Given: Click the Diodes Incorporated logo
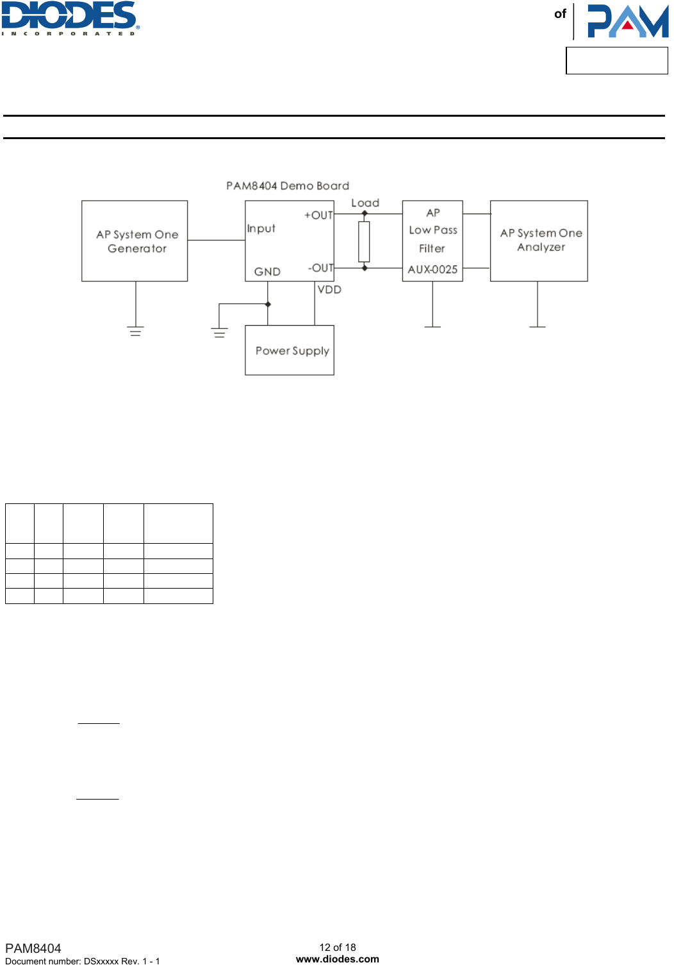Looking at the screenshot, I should coord(70,18).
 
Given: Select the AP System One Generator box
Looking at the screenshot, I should coord(135,241).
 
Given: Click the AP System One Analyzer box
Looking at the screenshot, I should coord(539,240).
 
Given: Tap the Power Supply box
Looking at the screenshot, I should coord(290,350).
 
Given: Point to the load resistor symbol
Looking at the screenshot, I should coord(364,241).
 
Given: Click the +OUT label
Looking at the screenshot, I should coord(318,215).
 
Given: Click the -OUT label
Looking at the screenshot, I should coord(320,268).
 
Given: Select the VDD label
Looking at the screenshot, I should coord(329,290).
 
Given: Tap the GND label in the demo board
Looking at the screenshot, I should coord(267,272).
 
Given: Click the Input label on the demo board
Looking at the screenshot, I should coord(261,229).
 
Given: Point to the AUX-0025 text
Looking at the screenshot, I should coord(432,270).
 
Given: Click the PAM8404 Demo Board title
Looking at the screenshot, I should coord(288,186).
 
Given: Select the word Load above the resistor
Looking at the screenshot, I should coord(365,203).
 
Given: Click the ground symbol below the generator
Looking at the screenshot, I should coord(135,331).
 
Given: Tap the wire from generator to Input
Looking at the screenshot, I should coord(216,240).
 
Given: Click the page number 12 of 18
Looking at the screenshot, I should coord(338,947).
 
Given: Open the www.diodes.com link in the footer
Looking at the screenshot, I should coord(338,959).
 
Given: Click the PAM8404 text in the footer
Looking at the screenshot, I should coord(33,948).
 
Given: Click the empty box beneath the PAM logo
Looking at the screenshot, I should coord(616,61).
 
